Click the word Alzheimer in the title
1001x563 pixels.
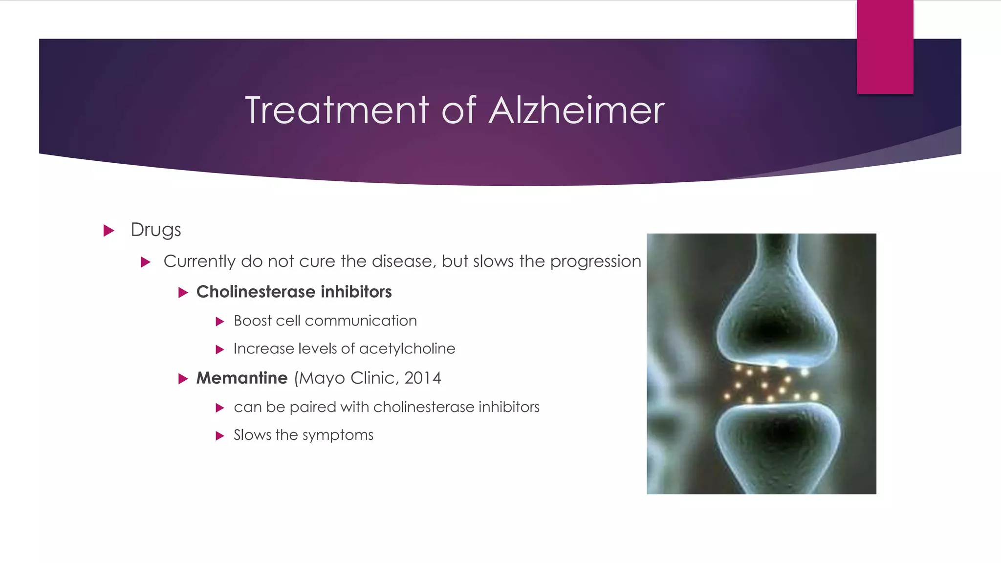pyautogui.click(x=577, y=110)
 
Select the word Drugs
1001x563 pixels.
pyautogui.click(x=156, y=230)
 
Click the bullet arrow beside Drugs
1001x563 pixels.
pyautogui.click(x=109, y=230)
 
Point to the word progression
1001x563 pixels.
pyautogui.click(x=595, y=261)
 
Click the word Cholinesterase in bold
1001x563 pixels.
pyautogui.click(x=256, y=292)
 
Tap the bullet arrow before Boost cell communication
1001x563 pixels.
pyautogui.click(x=220, y=322)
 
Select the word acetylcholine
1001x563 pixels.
pyautogui.click(x=407, y=348)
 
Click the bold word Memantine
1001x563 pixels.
pyautogui.click(x=242, y=378)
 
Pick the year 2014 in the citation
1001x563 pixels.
pyautogui.click(x=422, y=378)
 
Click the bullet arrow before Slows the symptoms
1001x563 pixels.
pyautogui.click(x=220, y=436)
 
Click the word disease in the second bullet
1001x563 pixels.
pyautogui.click(x=403, y=261)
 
